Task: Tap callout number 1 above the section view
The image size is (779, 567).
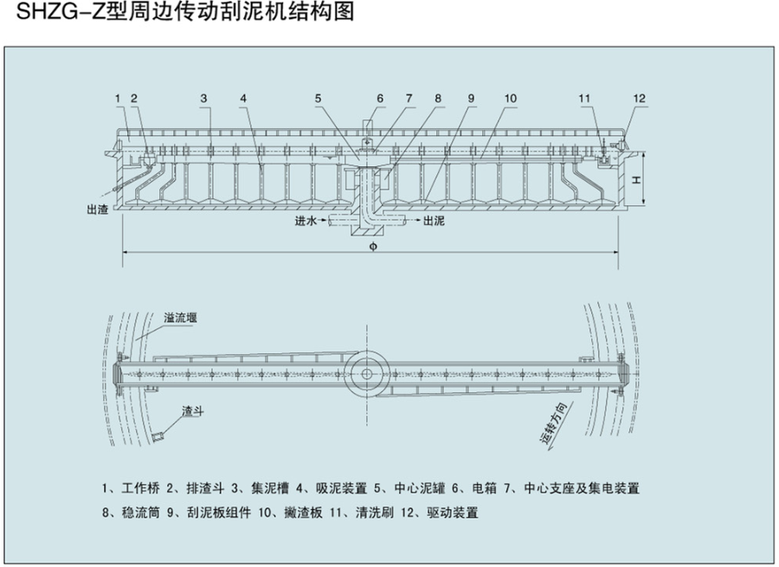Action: pos(117,99)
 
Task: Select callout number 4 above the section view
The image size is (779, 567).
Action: pos(244,99)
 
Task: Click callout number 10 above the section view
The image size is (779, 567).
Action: pos(511,99)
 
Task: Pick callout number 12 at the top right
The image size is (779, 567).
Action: pos(639,99)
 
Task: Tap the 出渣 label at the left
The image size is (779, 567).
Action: pos(97,209)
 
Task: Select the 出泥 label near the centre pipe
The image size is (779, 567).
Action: pos(434,222)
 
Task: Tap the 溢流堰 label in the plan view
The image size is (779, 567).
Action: pos(181,319)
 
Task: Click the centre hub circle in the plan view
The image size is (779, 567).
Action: pos(367,373)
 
